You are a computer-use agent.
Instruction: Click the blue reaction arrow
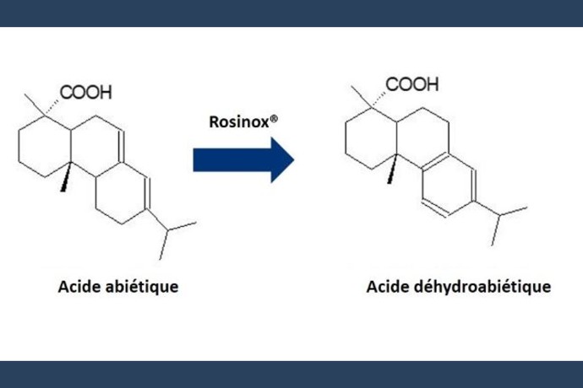pos(243,160)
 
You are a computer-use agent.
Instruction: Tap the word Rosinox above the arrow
pos(239,122)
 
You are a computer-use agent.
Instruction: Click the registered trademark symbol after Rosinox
pos(274,119)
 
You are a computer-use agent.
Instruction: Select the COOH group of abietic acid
pos(86,92)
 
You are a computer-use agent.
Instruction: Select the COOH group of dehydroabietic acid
pos(412,84)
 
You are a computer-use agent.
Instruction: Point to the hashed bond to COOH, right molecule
pos(379,100)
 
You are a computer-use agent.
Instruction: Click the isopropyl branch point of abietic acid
pos(167,230)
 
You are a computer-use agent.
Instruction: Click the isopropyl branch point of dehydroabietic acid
pos(499,214)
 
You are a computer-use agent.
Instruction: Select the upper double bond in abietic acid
pos(122,146)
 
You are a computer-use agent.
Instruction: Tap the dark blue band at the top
pos(291,13)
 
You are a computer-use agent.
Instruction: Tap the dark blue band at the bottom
pos(291,375)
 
